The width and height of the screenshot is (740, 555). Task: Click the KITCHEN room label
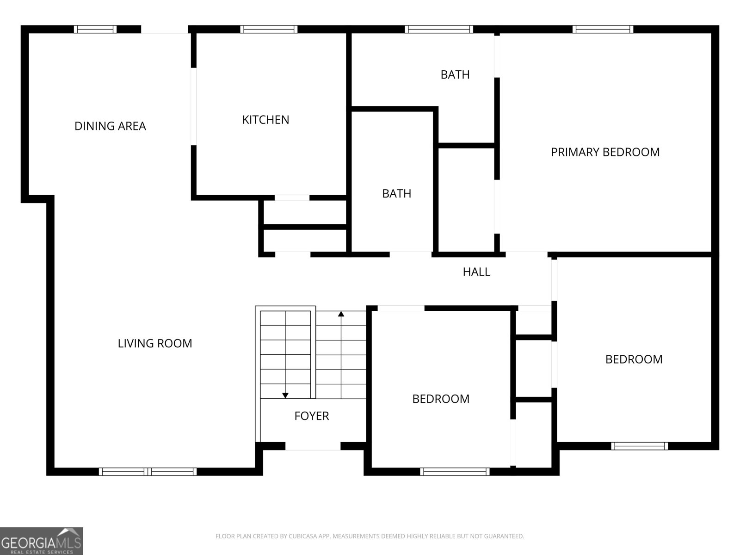coord(265,120)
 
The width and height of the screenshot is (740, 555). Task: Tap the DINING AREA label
coord(110,126)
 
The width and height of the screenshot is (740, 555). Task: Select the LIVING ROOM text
coord(155,343)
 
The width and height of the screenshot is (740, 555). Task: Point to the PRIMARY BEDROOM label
coord(605,152)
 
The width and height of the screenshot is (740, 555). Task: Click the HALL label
coord(476,271)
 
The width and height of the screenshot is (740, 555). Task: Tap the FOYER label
coord(312,416)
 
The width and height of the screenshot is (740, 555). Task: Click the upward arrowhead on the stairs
coord(341,314)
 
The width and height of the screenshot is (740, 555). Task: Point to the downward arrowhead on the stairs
coord(285,395)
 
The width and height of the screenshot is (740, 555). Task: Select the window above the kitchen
coord(269,29)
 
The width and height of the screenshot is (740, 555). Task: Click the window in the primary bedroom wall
coord(603,29)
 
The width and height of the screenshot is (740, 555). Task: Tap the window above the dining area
coord(95,29)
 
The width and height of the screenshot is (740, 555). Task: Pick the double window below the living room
coord(148,471)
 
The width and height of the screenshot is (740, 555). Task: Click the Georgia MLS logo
coord(42,541)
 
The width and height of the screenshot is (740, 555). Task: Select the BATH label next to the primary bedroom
coord(455,74)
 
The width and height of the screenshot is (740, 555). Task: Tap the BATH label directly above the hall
coord(396,193)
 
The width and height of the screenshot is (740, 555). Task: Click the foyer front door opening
coord(313,446)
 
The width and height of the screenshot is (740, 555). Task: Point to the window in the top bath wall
coord(438,29)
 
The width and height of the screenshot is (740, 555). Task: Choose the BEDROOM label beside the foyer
coord(441,399)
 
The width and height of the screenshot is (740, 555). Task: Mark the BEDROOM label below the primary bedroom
coord(634,359)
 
